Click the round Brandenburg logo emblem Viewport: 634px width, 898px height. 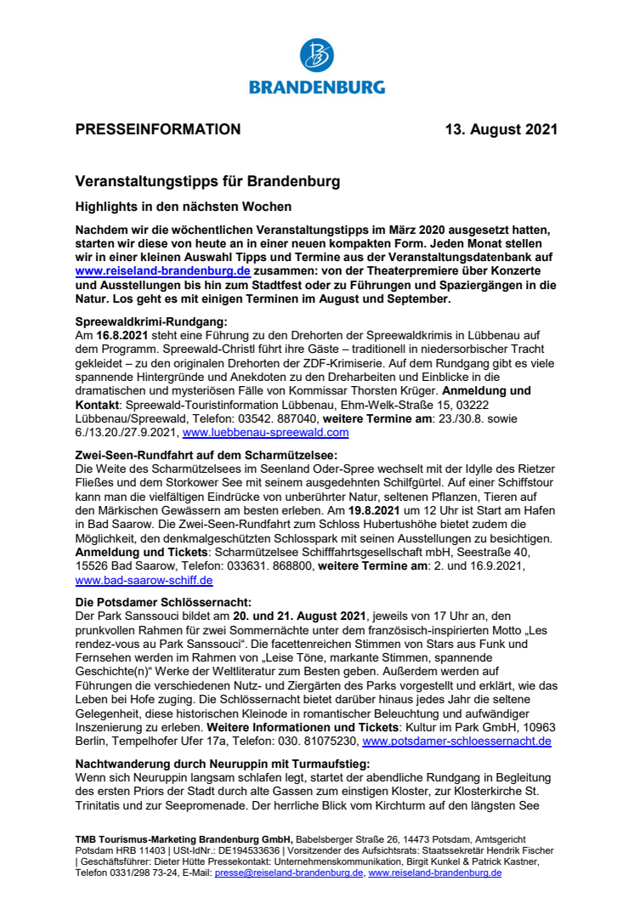click(x=317, y=56)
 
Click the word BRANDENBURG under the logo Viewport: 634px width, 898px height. click(x=317, y=87)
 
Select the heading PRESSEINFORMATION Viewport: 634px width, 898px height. click(x=158, y=130)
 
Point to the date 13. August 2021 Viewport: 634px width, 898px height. click(x=502, y=130)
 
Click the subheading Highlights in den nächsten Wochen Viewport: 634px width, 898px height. click(x=183, y=207)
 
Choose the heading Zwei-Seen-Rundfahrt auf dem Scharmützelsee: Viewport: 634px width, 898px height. click(x=207, y=455)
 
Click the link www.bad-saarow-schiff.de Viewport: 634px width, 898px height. click(x=144, y=580)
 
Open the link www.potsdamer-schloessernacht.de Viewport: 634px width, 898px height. click(x=456, y=741)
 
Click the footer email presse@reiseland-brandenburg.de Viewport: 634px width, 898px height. click(x=289, y=872)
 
